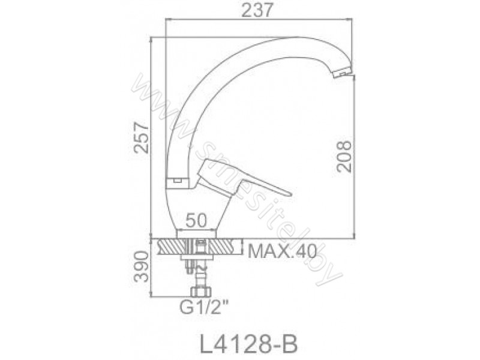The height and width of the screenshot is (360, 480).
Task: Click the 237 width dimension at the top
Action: (x=257, y=11)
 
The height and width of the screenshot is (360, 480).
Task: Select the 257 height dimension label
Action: (x=141, y=137)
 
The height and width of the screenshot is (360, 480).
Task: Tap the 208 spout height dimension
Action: (x=343, y=157)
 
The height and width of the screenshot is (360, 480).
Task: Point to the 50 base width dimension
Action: (x=196, y=220)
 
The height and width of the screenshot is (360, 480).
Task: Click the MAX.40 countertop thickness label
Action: (x=282, y=251)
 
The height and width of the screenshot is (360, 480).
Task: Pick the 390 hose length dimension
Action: (x=142, y=266)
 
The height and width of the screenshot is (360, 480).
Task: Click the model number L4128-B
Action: (x=248, y=344)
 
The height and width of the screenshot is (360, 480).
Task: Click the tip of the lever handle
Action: (x=290, y=194)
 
